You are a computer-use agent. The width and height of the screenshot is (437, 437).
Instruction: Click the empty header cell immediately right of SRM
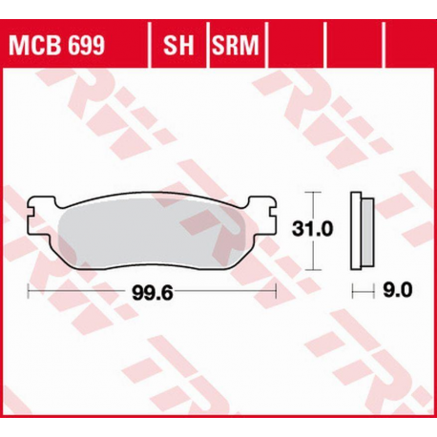tap(297, 44)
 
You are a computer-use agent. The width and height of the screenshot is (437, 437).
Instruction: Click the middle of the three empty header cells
tap(354, 44)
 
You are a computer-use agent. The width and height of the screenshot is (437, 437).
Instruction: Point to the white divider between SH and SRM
tap(205, 44)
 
